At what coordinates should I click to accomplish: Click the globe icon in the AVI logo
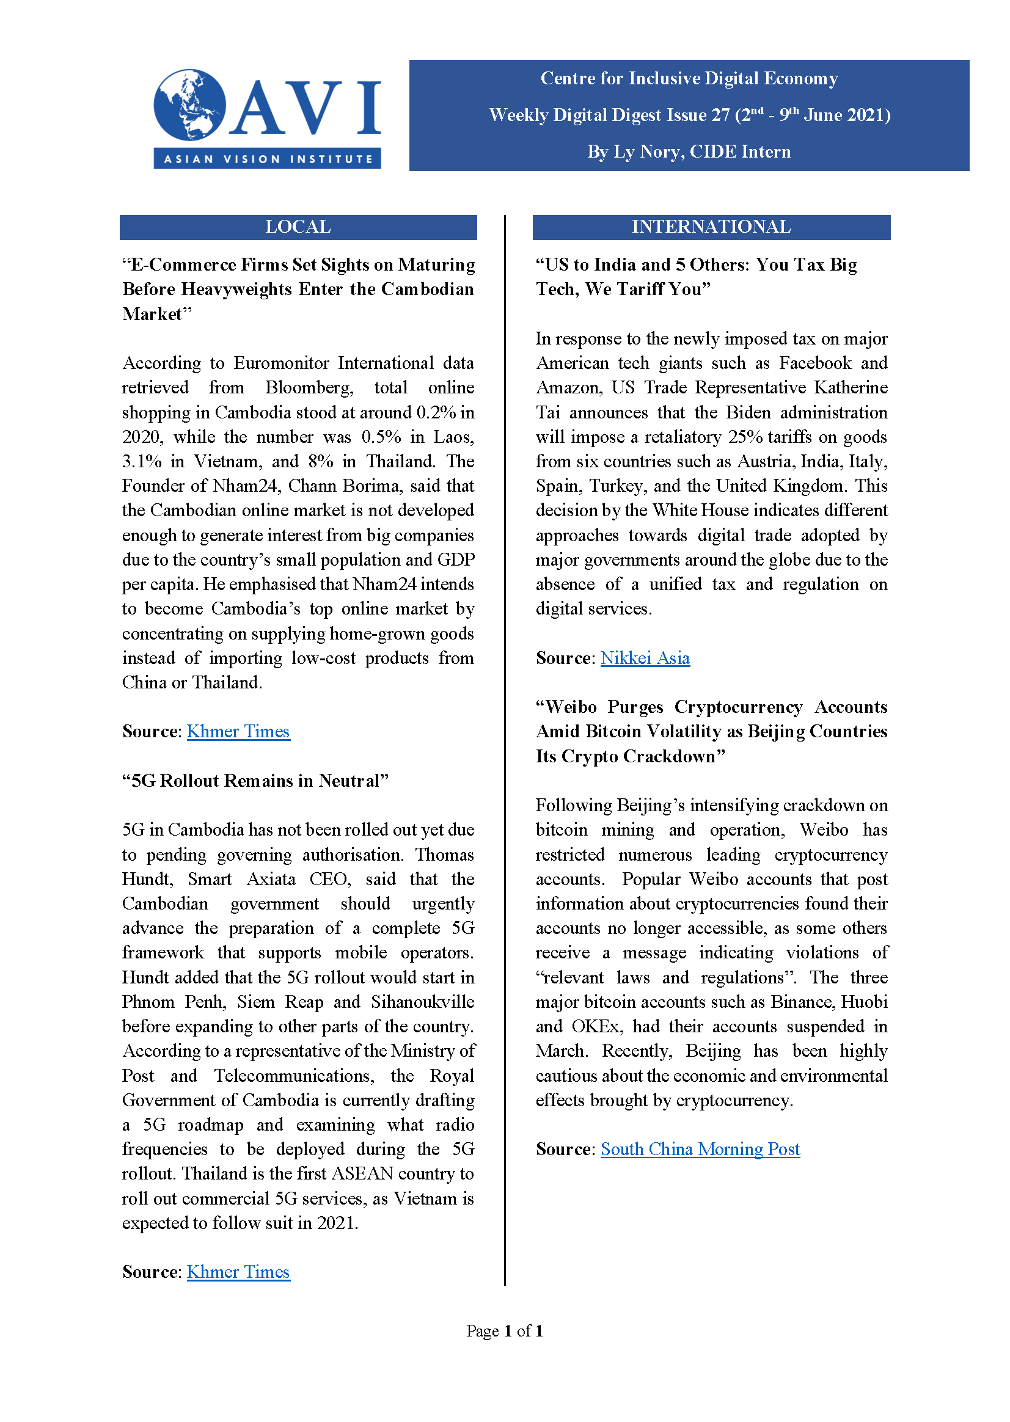click(x=189, y=104)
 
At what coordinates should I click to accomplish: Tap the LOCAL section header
click(x=298, y=227)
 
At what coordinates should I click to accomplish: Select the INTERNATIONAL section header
click(x=711, y=227)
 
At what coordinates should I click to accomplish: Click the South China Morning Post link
click(x=700, y=1149)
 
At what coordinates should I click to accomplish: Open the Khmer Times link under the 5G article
click(x=238, y=1272)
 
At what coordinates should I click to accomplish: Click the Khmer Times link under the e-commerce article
click(x=238, y=731)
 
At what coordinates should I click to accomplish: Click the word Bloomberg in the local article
click(x=309, y=388)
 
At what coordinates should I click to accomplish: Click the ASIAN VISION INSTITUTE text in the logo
click(x=268, y=159)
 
